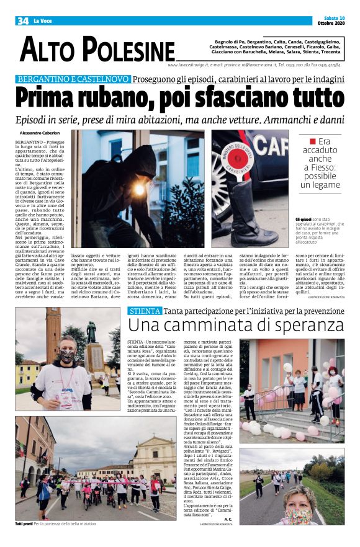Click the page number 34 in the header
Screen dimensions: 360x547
tap(23, 21)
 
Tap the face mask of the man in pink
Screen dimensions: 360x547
tap(67, 356)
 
